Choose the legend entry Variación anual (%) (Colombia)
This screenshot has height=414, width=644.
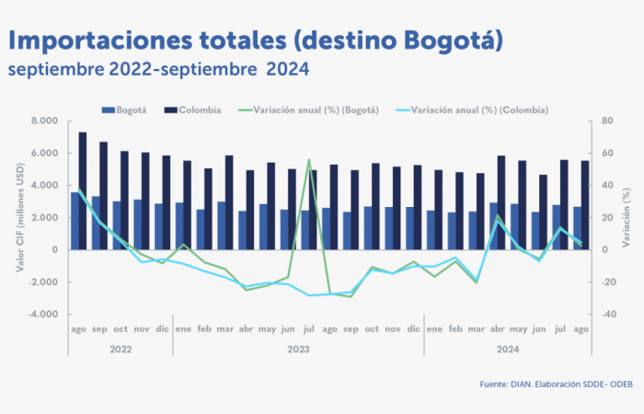point(478,110)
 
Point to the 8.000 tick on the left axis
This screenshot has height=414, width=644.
point(45,121)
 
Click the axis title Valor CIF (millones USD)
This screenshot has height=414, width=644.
point(19,217)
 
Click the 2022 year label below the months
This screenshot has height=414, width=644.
point(119,349)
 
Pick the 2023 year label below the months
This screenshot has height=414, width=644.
point(297,349)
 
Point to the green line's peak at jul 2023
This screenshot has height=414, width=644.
point(309,160)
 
